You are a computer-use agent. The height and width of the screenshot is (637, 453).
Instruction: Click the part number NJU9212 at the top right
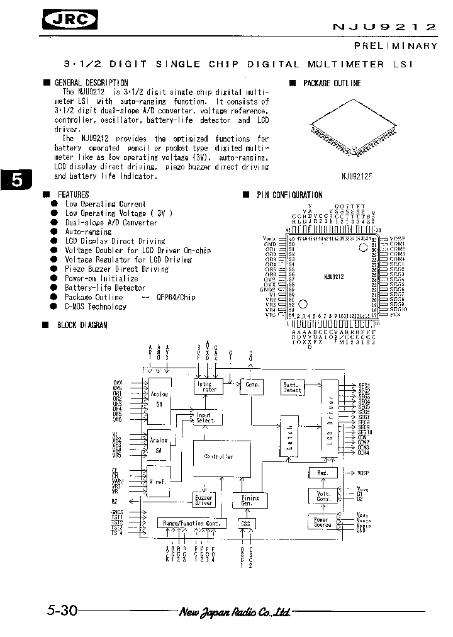tap(383, 27)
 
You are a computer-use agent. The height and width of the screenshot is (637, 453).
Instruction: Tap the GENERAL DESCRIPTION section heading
tap(91, 82)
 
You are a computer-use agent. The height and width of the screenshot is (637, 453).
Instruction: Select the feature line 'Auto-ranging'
tap(88, 232)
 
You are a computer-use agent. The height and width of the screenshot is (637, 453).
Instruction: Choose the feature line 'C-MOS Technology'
tap(95, 307)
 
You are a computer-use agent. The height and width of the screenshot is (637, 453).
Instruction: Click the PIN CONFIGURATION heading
tap(289, 195)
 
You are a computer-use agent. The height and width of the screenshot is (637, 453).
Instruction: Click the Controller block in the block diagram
tap(219, 456)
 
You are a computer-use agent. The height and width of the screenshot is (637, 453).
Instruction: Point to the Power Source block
tap(321, 521)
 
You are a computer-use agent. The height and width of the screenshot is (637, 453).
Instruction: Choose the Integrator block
tap(205, 386)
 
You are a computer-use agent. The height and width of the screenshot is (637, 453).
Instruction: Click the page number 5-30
tap(62, 611)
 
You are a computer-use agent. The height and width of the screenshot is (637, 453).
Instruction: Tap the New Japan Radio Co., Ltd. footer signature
tap(235, 612)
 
